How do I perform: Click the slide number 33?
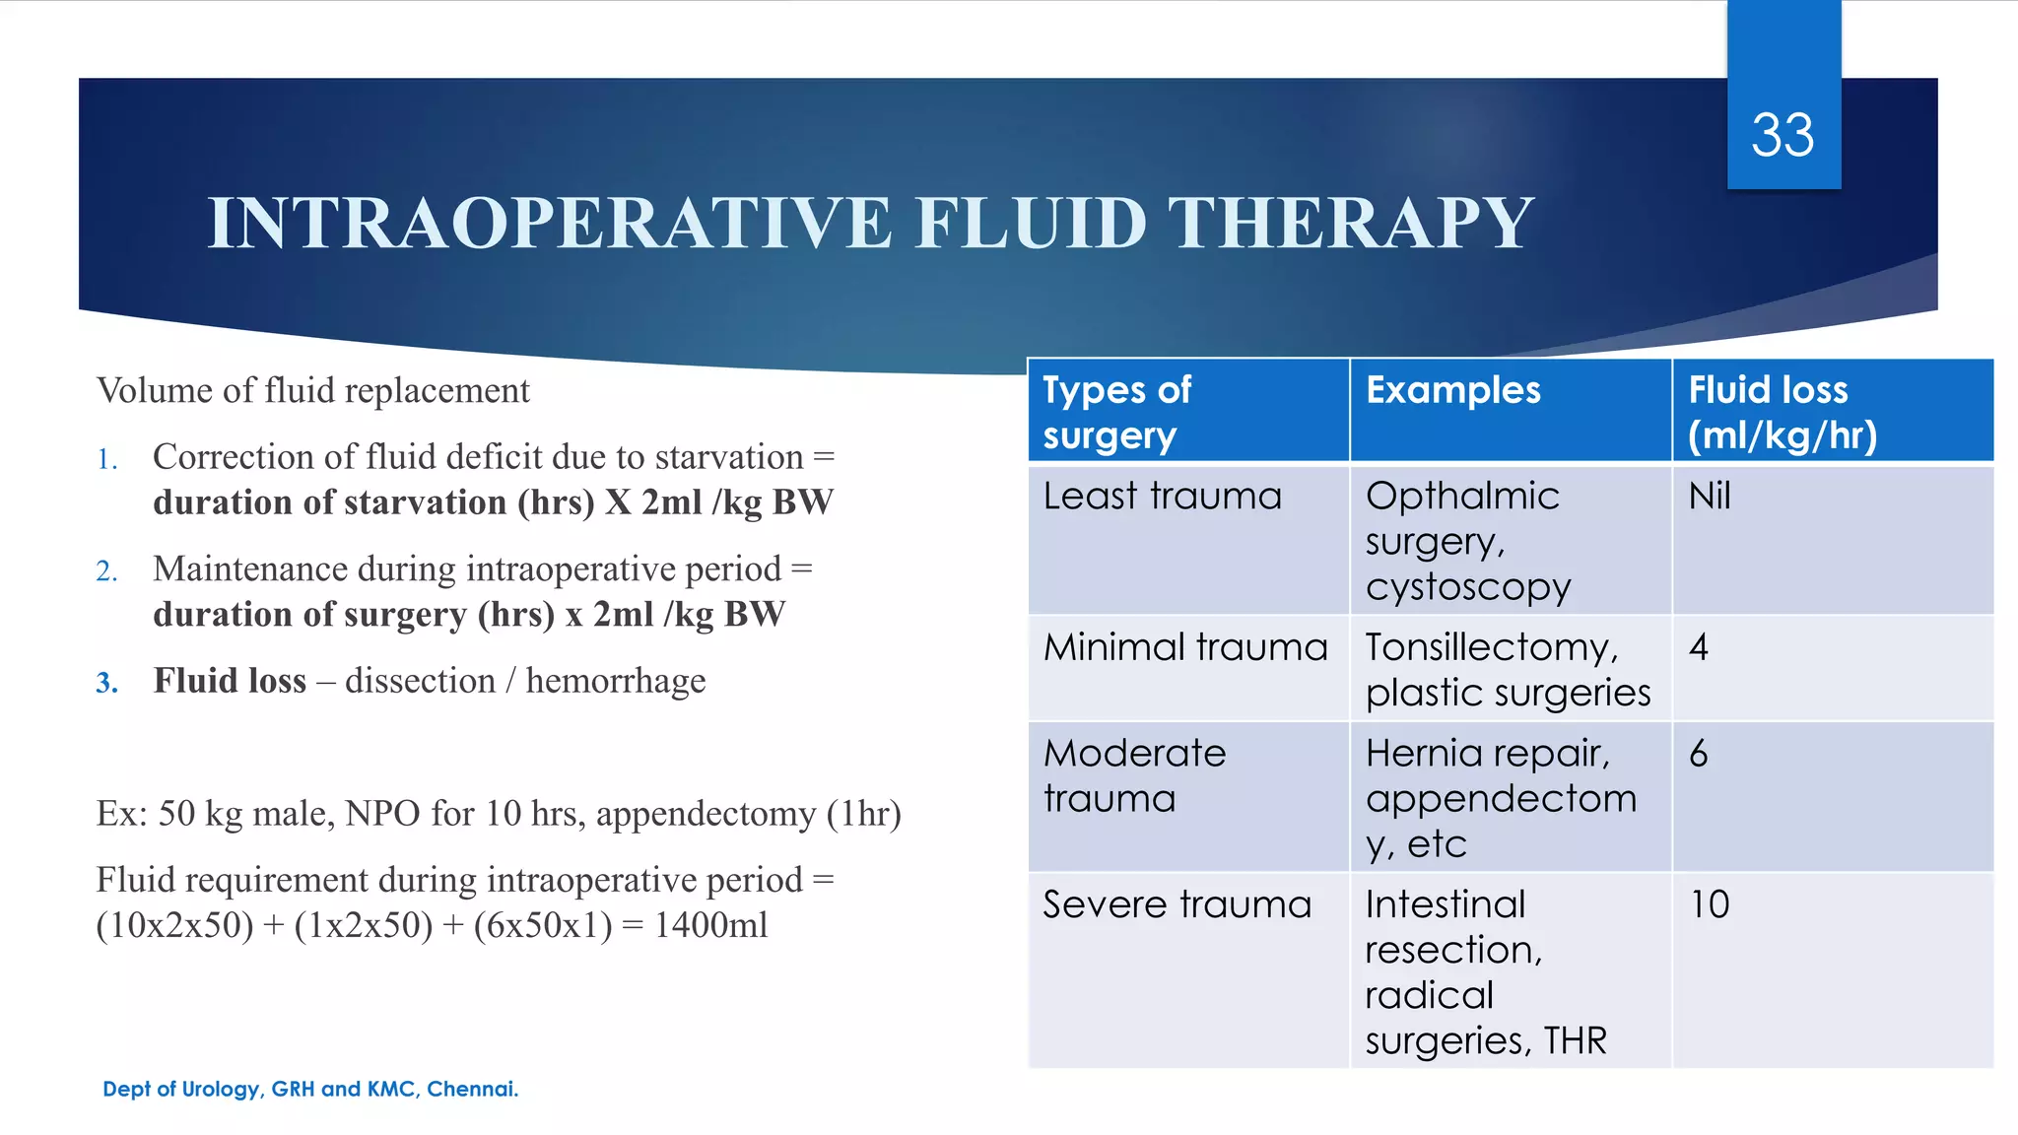coord(1782,135)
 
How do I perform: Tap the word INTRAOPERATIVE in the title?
coord(549,223)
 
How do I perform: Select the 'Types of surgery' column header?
coord(1117,412)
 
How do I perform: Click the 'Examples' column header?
coord(1452,390)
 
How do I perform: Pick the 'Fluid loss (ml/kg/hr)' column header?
coord(1782,412)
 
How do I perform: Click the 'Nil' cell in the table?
coord(1709,496)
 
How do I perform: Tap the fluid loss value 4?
coord(1699,647)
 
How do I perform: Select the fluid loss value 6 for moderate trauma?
coord(1699,754)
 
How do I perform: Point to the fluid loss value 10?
coord(1710,904)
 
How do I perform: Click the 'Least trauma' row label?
coord(1162,496)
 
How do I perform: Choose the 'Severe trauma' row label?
coord(1177,904)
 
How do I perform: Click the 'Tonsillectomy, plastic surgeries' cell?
coord(1507,670)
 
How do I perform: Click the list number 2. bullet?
coord(106,571)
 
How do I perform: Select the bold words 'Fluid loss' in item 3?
coord(230,681)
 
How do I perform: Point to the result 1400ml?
coord(710,925)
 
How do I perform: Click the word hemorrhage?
coord(615,681)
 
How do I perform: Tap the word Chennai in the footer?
coord(471,1089)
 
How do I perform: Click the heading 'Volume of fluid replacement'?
coord(312,391)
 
